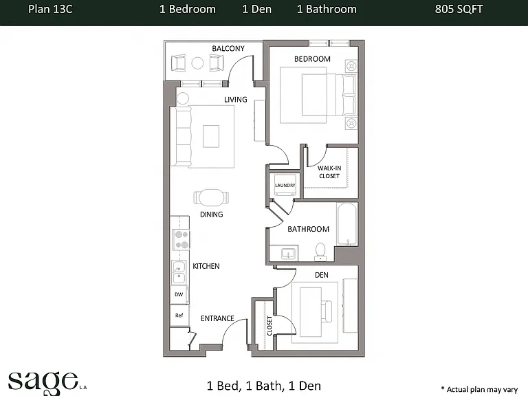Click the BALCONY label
point(228,49)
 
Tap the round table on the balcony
point(198,63)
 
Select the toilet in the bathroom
point(320,252)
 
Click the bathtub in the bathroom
point(346,224)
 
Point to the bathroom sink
point(288,253)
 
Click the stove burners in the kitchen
point(181,239)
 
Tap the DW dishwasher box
point(179,294)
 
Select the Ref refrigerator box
point(179,315)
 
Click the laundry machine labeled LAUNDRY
point(285,185)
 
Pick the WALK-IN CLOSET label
point(329,172)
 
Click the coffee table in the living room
point(211,136)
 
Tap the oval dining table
point(211,197)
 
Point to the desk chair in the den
point(327,311)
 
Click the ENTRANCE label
point(217,318)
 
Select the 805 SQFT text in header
point(459,9)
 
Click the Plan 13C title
point(50,9)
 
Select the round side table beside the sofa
point(183,98)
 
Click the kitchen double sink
point(179,273)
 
